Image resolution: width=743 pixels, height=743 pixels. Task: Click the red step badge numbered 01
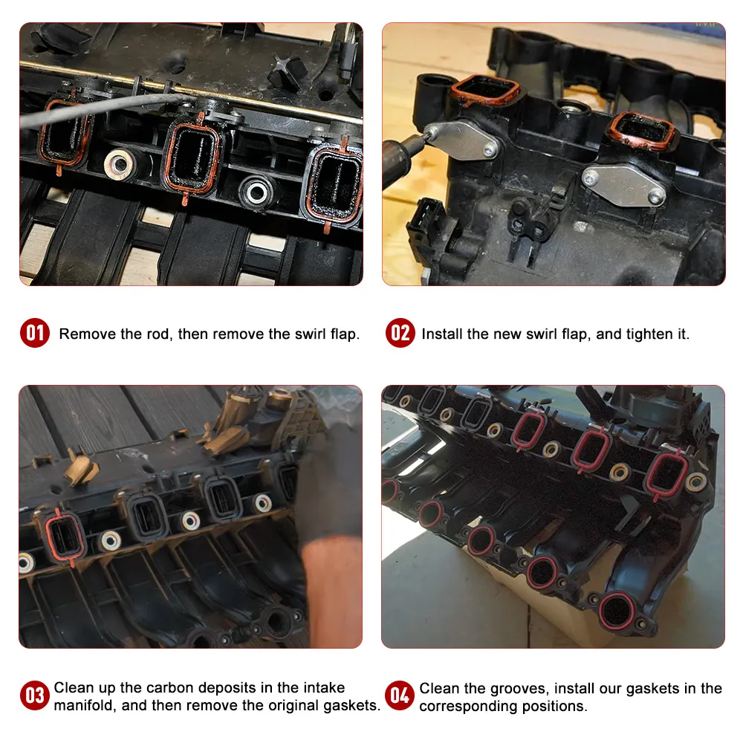click(35, 333)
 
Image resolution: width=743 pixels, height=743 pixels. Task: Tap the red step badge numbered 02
click(400, 333)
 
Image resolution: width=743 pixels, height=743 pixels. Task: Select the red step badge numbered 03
click(35, 696)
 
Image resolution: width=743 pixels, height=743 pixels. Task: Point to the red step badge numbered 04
click(400, 696)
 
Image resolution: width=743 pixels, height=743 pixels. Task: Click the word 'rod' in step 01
click(157, 334)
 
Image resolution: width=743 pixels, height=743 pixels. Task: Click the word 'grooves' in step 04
click(506, 689)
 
